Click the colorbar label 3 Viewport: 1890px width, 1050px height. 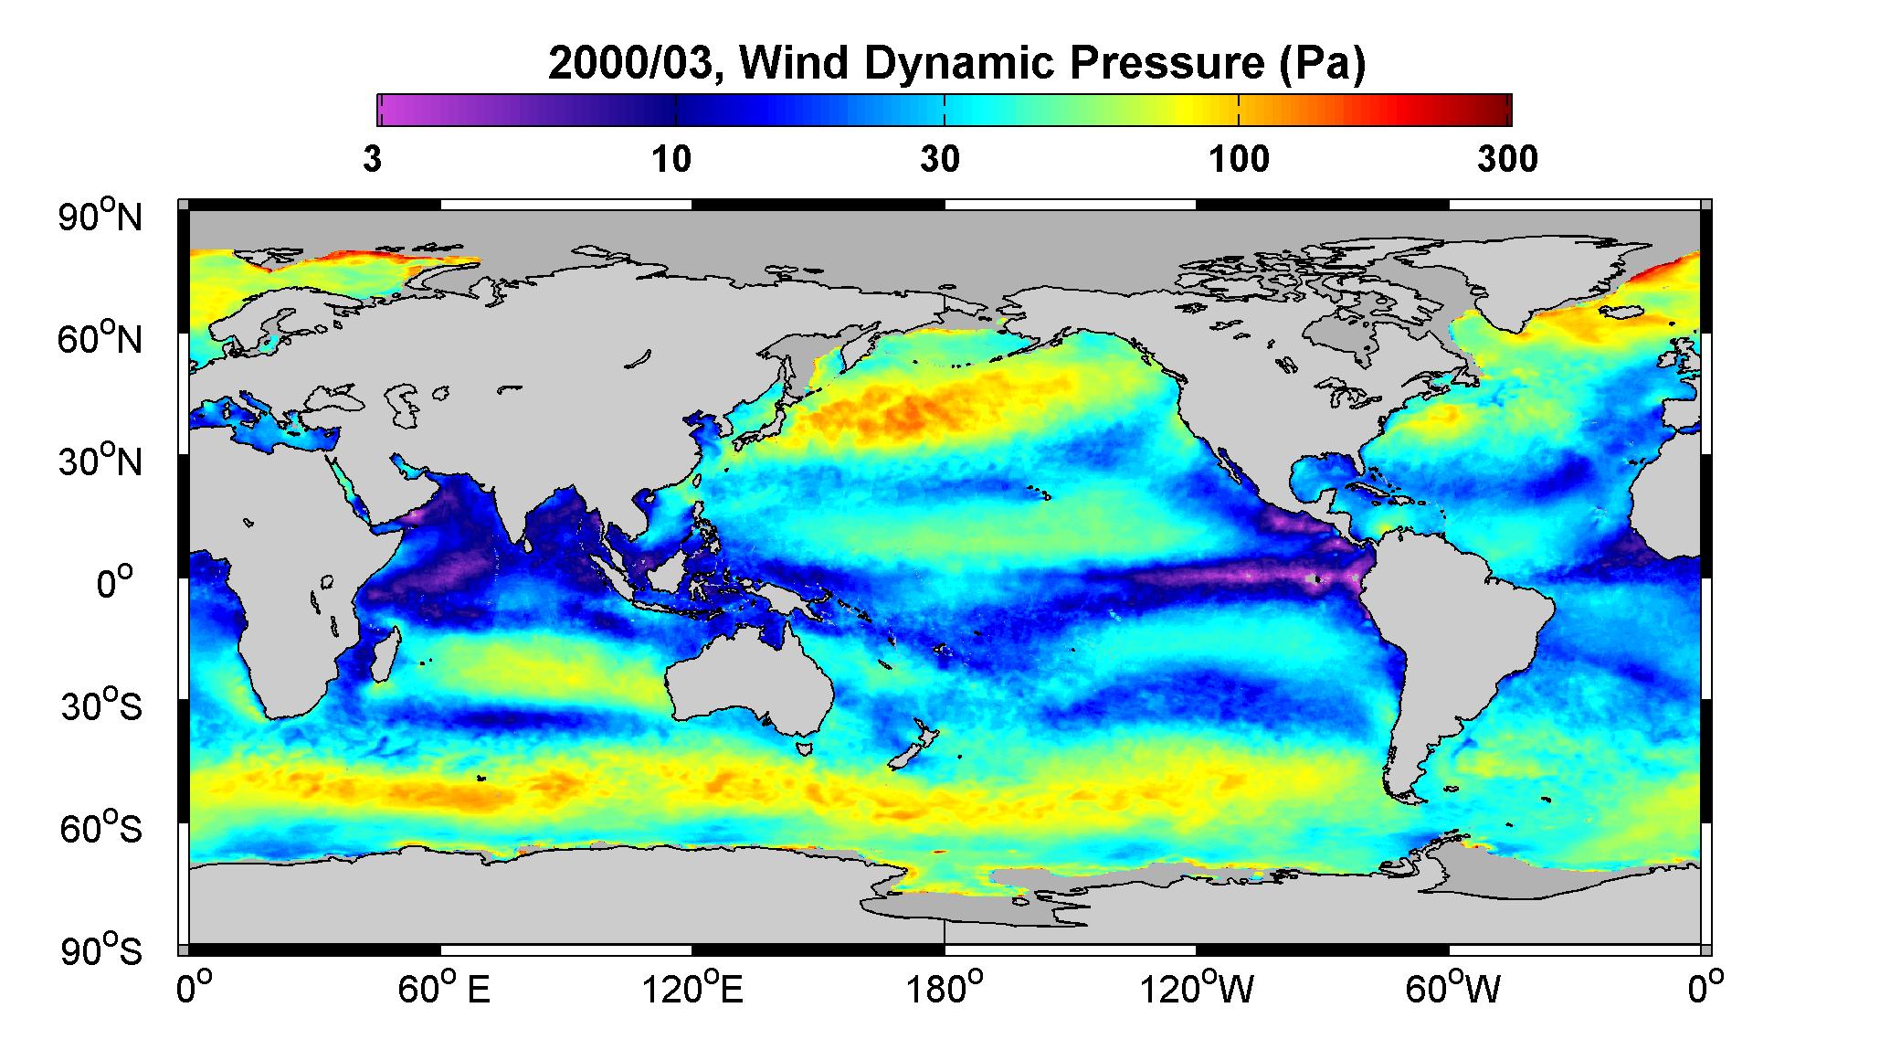click(x=372, y=159)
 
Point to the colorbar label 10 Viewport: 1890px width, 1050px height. click(x=671, y=159)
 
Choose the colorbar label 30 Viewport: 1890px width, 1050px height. click(x=940, y=159)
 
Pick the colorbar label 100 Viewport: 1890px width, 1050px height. click(x=1239, y=159)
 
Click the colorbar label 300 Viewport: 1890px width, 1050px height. click(x=1507, y=159)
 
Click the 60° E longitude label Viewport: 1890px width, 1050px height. click(x=443, y=990)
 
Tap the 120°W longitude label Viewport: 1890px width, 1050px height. click(x=1197, y=990)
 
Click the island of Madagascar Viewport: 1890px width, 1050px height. click(x=387, y=655)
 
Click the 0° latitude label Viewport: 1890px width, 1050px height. click(x=115, y=583)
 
